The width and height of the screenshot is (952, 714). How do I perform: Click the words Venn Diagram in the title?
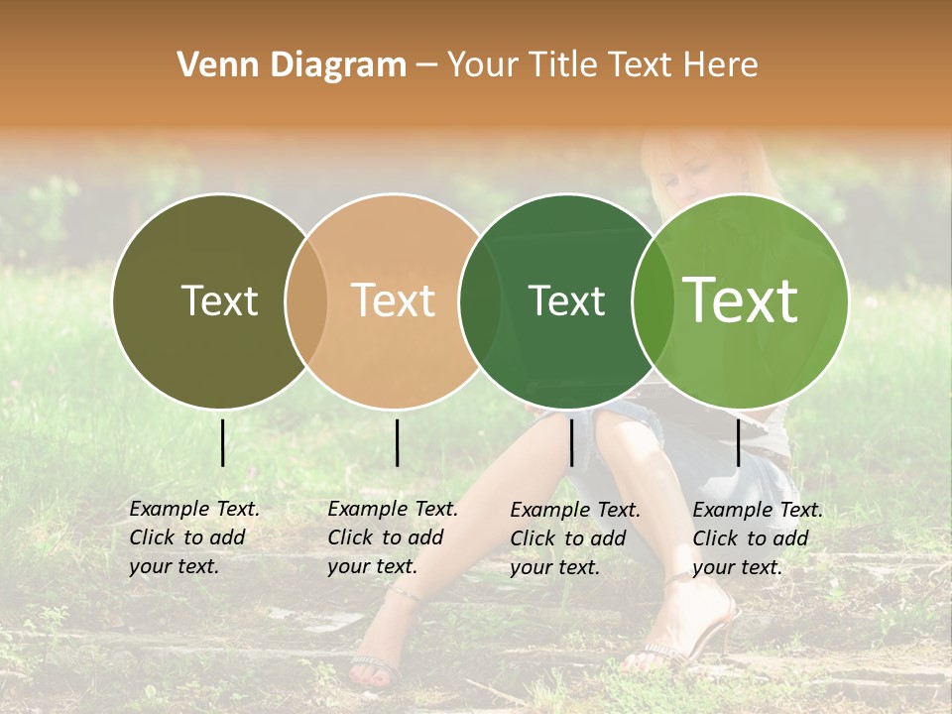click(x=292, y=65)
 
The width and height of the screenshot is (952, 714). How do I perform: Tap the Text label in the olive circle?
click(x=219, y=300)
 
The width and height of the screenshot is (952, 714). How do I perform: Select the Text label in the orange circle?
click(x=394, y=300)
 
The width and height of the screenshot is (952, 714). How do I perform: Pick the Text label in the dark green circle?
click(x=566, y=300)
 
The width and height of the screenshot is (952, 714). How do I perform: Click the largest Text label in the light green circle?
click(x=741, y=300)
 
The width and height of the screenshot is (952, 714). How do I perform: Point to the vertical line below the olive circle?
click(x=222, y=442)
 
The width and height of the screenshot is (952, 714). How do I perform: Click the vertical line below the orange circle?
click(x=397, y=442)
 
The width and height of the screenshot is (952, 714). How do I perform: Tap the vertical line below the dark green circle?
click(x=571, y=442)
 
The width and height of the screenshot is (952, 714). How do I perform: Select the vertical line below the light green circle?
click(x=738, y=442)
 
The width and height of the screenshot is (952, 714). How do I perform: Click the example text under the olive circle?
click(x=193, y=537)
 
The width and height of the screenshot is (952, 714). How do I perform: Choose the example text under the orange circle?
click(x=392, y=537)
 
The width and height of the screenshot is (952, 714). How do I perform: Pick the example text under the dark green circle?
click(x=575, y=538)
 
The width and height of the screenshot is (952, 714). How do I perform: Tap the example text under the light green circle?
click(x=757, y=538)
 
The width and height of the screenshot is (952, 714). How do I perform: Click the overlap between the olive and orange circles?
click(x=306, y=300)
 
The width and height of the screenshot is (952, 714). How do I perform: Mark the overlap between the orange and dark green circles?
click(x=479, y=300)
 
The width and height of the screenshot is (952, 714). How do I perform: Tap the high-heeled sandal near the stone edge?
click(x=694, y=635)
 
